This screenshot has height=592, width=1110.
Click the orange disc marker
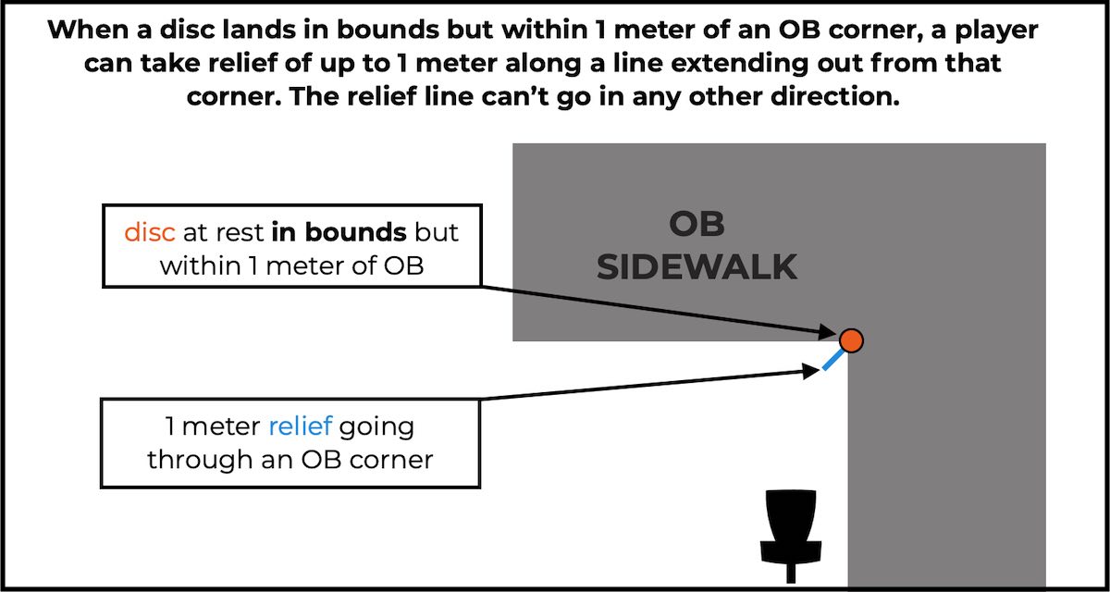pos(851,340)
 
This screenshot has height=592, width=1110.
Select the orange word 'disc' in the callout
pos(150,231)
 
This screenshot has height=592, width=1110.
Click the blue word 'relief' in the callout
pos(300,427)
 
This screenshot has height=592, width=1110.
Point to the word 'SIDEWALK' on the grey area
pos(697,267)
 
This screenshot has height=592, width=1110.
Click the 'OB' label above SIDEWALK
pos(697,224)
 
